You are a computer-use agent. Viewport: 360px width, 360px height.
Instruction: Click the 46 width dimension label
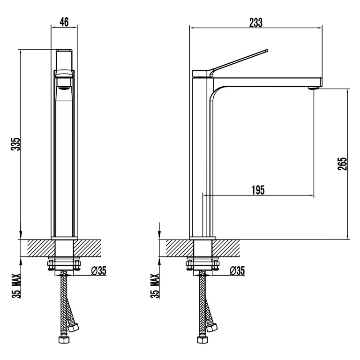[x=64, y=22]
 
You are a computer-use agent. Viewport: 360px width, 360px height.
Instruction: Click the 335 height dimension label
[x=16, y=144]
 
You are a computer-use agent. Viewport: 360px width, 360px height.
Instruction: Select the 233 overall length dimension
[x=256, y=22]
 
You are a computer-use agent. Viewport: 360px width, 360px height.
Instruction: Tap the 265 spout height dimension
[x=342, y=164]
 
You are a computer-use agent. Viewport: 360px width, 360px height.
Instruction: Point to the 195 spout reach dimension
[x=258, y=190]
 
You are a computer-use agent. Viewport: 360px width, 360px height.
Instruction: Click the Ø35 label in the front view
[x=99, y=271]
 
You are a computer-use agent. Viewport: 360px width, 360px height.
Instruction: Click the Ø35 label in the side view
[x=237, y=271]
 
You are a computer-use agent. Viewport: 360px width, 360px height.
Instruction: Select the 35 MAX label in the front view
[x=16, y=286]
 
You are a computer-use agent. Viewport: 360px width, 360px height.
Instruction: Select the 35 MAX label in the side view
[x=155, y=286]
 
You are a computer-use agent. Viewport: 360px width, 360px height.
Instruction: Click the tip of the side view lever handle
[x=267, y=50]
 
